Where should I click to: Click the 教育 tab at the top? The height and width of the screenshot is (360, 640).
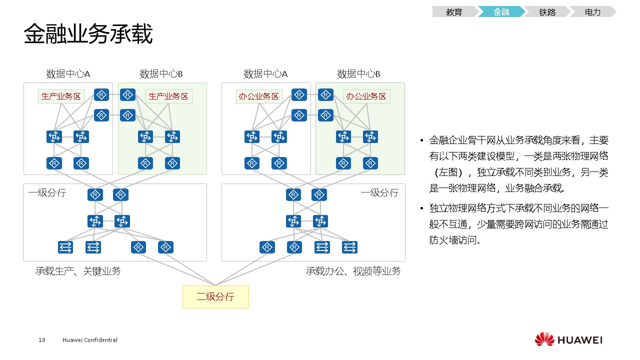click(454, 12)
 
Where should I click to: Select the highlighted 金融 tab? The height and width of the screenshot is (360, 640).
click(501, 12)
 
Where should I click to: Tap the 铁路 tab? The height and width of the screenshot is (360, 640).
click(547, 12)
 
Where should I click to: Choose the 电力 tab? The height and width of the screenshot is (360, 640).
click(592, 12)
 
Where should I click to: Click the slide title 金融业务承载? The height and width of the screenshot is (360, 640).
click(88, 34)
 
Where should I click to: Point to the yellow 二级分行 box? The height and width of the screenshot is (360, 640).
click(215, 296)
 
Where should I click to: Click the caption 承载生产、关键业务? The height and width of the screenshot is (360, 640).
click(78, 271)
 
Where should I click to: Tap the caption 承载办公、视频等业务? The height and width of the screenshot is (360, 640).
click(353, 271)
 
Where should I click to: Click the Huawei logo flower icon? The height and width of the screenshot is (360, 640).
click(544, 339)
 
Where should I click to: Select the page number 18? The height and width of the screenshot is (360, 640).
click(41, 340)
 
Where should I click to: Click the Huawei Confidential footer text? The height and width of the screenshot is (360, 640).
click(90, 340)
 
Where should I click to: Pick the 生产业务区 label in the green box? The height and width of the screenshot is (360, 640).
click(168, 96)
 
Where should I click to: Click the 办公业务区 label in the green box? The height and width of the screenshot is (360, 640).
click(366, 96)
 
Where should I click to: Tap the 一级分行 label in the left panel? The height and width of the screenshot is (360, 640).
click(47, 193)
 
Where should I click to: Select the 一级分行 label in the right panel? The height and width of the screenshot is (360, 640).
click(379, 193)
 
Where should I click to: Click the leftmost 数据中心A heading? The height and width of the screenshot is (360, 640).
click(68, 74)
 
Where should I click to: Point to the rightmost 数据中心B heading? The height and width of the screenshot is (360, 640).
click(358, 74)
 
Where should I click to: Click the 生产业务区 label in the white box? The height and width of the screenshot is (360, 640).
click(61, 96)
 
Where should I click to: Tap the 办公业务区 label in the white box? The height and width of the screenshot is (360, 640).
click(259, 96)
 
